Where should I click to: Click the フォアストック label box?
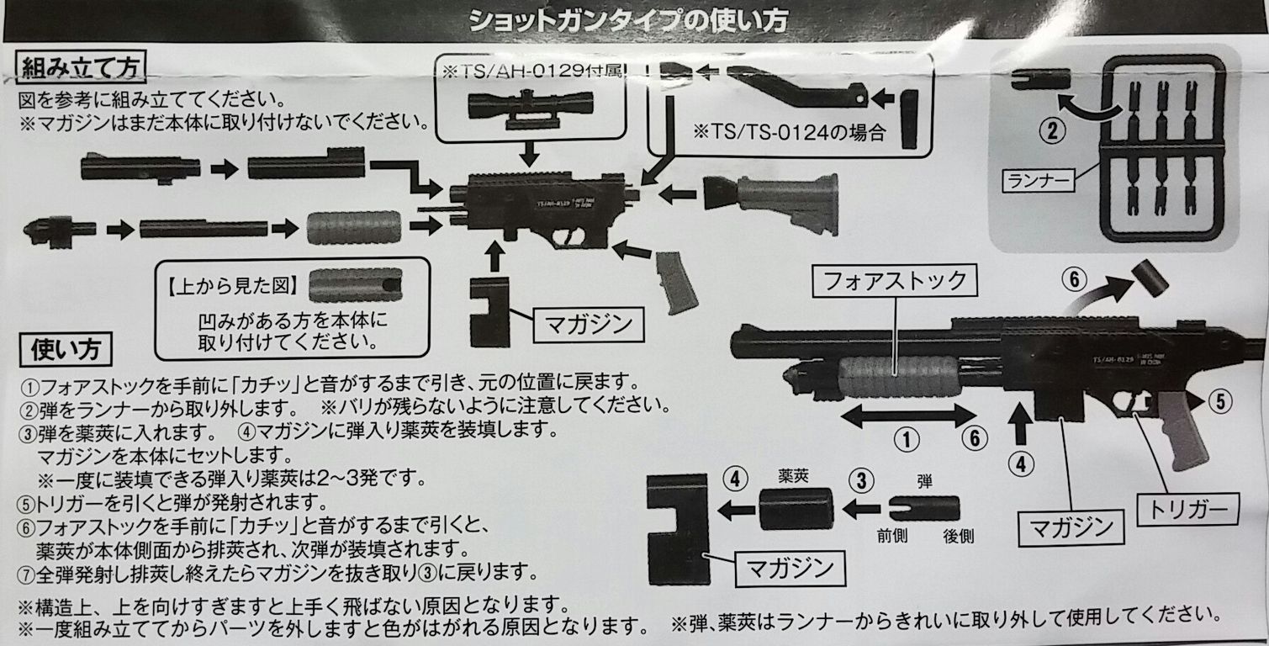pyautogui.click(x=898, y=280)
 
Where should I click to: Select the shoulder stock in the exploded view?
pyautogui.click(x=771, y=204)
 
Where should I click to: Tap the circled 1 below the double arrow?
pyautogui.click(x=905, y=438)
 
